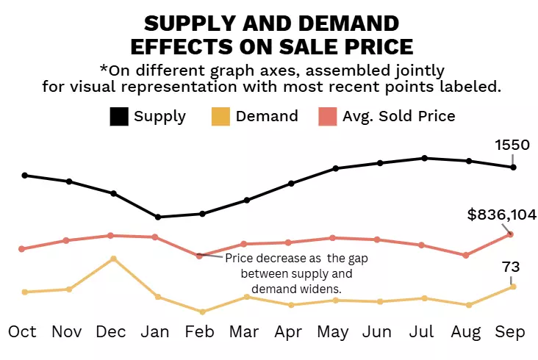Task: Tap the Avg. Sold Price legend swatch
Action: point(327,116)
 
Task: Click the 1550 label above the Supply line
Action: point(511,145)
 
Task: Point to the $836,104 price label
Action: point(501,215)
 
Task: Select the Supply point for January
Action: point(157,217)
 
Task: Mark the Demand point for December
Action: point(113,259)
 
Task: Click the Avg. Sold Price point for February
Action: point(200,256)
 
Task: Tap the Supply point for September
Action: point(513,168)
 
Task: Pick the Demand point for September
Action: point(513,287)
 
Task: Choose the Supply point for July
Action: point(425,158)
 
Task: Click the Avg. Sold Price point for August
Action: point(466,255)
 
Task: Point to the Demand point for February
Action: point(202,312)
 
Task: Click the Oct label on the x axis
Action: point(22,332)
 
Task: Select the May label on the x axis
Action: point(332,332)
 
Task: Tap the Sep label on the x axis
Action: point(510,332)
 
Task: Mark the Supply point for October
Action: point(25,176)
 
